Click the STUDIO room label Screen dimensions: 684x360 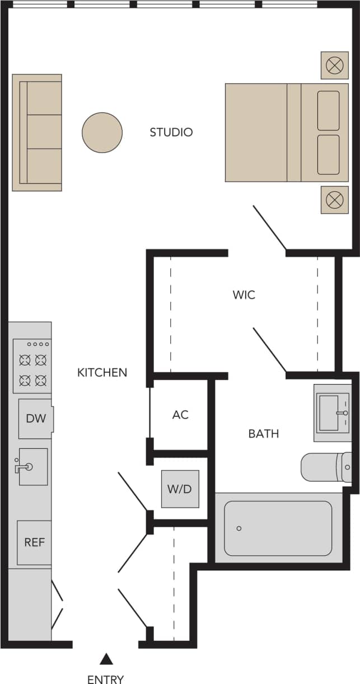coord(171,133)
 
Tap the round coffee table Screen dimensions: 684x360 coord(102,133)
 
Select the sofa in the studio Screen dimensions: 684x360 coord(38,133)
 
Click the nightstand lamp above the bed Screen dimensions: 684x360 coord(334,65)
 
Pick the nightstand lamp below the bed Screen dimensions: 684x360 coord(334,200)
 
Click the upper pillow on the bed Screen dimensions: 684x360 coord(328,110)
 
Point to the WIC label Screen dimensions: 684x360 coord(244,295)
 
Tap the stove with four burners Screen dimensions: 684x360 coord(32,366)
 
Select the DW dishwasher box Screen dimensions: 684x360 coord(36,419)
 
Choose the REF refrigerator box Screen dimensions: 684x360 coord(34,542)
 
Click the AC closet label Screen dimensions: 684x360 coord(180,415)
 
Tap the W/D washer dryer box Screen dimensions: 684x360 coord(180,489)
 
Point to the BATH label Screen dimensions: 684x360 coord(263,434)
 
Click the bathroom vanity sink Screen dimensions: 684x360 coord(332,413)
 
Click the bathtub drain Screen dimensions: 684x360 coord(239,528)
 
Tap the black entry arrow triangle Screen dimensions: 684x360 coord(105,659)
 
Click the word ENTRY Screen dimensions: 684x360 coord(105,679)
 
